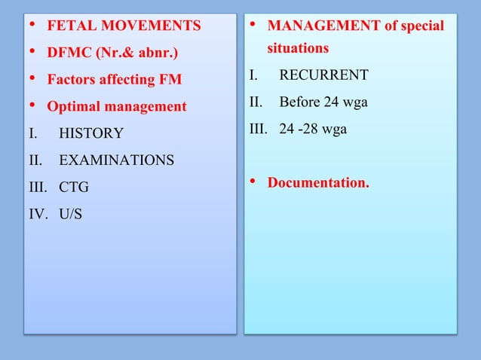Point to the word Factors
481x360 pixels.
(72, 80)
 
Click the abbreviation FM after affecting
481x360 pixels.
(171, 80)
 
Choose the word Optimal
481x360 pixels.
(74, 107)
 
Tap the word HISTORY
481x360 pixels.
(91, 134)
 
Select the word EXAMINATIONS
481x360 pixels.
(116, 160)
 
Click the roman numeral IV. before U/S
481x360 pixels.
(37, 215)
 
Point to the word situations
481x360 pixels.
(298, 48)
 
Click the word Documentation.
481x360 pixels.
(318, 182)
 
